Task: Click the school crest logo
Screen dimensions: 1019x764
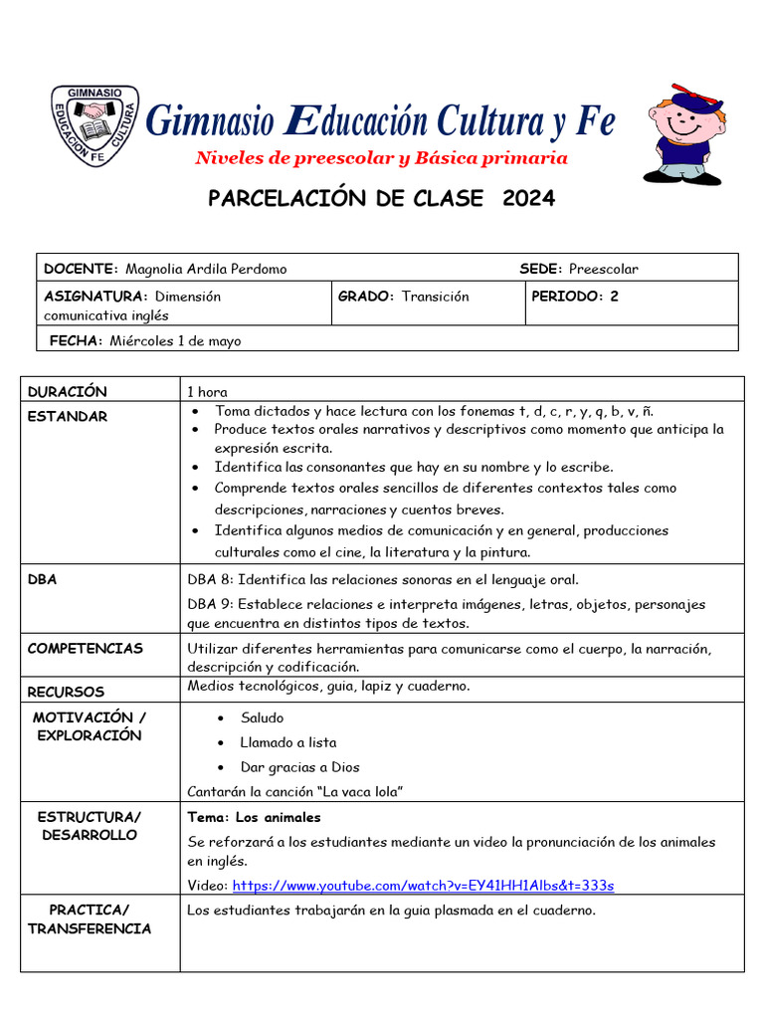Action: point(95,127)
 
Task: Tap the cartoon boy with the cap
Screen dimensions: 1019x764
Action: point(684,134)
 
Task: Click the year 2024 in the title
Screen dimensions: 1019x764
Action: point(528,198)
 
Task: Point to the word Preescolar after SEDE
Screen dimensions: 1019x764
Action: point(604,269)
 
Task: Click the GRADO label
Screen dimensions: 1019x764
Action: point(366,297)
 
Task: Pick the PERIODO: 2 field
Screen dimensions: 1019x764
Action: point(575,297)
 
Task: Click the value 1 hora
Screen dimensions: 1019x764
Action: point(207,392)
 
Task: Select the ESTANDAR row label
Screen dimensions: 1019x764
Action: point(67,417)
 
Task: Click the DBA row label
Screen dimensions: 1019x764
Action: point(42,580)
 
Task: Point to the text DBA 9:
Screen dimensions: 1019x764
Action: point(211,604)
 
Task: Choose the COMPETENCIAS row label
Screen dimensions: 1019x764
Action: point(85,649)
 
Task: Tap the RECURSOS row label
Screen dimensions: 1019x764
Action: point(66,692)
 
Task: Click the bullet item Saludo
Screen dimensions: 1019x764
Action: point(262,717)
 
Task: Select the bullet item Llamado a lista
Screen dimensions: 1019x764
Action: point(288,742)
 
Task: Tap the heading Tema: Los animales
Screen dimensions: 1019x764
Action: point(255,817)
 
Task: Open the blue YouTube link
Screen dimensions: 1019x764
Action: point(423,886)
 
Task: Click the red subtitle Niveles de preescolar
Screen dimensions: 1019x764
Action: point(381,158)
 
